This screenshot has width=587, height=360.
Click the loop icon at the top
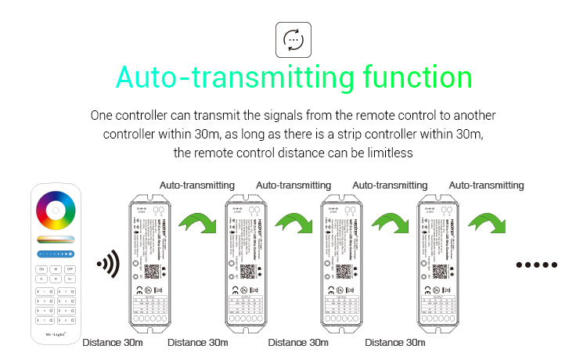(x=293, y=39)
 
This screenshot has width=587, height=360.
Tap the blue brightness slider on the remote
(x=56, y=254)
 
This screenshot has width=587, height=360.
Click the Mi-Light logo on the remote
(x=55, y=333)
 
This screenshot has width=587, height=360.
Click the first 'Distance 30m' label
(x=112, y=342)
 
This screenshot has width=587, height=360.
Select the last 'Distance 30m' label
(x=394, y=342)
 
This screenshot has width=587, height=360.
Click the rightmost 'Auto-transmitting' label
(x=487, y=185)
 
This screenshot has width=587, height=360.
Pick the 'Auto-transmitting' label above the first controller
(x=197, y=185)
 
